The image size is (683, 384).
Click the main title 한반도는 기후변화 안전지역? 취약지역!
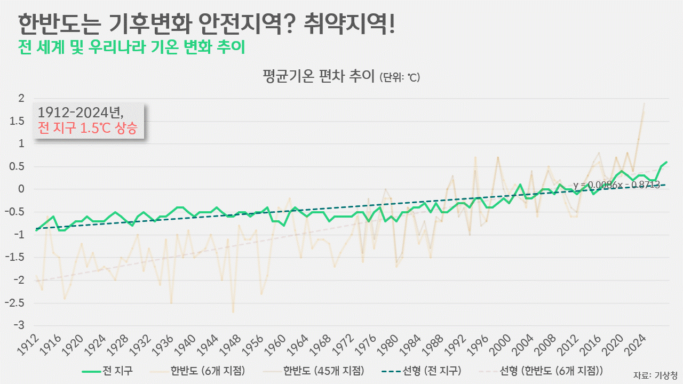click(207, 23)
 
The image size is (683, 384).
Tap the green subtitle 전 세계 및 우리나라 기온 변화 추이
click(131, 47)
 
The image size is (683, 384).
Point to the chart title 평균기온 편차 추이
click(319, 76)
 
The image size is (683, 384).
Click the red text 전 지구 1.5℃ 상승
click(88, 128)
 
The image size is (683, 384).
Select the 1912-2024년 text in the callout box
click(81, 113)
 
